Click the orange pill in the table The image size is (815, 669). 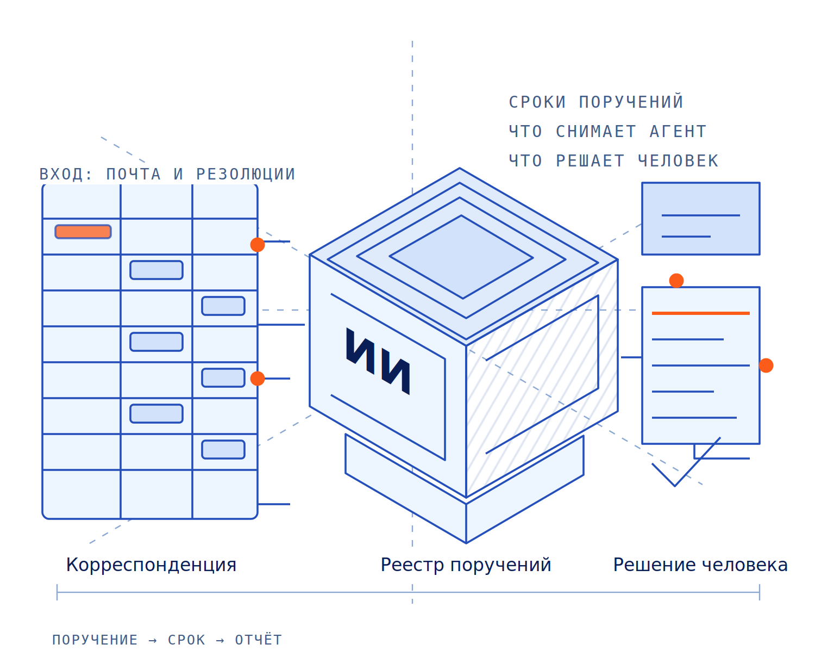pyautogui.click(x=83, y=231)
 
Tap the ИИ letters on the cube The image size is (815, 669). pyautogui.click(x=378, y=361)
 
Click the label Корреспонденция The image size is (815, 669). pyautogui.click(x=151, y=565)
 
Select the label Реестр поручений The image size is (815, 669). pyautogui.click(x=466, y=565)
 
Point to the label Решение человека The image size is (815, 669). pyautogui.click(x=700, y=565)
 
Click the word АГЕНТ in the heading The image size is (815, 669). pyautogui.click(x=678, y=132)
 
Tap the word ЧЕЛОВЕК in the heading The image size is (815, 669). pyautogui.click(x=678, y=161)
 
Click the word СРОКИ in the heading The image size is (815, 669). pyautogui.click(x=537, y=102)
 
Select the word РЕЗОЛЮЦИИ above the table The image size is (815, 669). pyautogui.click(x=246, y=174)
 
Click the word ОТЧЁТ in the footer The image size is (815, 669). pyautogui.click(x=259, y=640)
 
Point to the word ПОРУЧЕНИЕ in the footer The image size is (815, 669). pyautogui.click(x=95, y=640)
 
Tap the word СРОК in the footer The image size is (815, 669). pyautogui.click(x=187, y=640)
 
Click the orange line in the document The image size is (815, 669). pyautogui.click(x=700, y=313)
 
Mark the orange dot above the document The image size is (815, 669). pyautogui.click(x=676, y=281)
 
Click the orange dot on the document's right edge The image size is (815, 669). pyautogui.click(x=766, y=366)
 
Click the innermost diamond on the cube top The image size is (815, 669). pyautogui.click(x=461, y=257)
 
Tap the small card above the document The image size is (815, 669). pyautogui.click(x=700, y=219)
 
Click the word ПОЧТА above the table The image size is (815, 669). pyautogui.click(x=133, y=174)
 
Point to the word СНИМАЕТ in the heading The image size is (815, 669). pyautogui.click(x=595, y=132)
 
